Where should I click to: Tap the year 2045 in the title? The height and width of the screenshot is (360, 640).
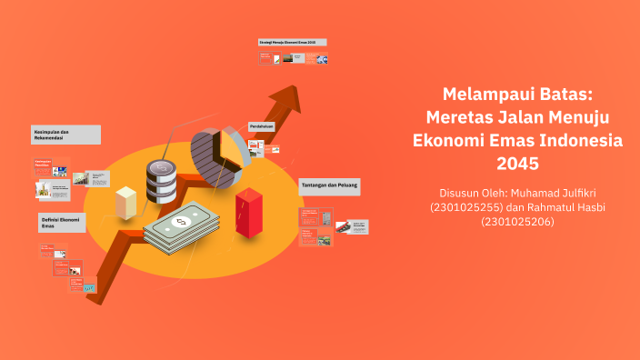point(518,165)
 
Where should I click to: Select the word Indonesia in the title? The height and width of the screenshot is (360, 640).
point(578,141)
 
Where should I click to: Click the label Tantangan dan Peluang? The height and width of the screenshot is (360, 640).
point(329,186)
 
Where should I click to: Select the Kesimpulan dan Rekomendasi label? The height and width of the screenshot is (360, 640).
point(64,135)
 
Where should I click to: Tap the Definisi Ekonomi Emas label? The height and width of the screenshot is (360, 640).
point(61,222)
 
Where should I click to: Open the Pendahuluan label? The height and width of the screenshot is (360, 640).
point(262,126)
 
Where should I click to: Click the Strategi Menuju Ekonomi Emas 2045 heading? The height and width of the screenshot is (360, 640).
point(292,43)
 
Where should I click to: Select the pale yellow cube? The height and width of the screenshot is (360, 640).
point(126,202)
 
